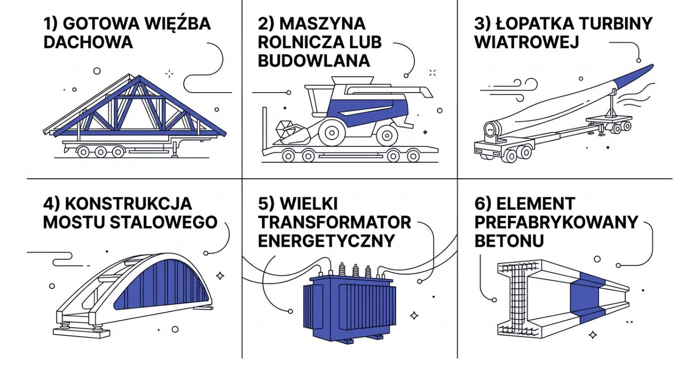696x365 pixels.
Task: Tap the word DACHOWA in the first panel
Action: point(88,42)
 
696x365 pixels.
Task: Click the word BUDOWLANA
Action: point(314,61)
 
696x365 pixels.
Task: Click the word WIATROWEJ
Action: point(526,42)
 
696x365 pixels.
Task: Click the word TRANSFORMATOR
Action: point(334,222)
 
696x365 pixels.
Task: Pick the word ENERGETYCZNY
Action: point(326,241)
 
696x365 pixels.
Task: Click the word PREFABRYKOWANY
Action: point(556,222)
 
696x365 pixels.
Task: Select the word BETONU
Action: point(509,241)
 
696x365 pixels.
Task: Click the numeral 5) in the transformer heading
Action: point(266,204)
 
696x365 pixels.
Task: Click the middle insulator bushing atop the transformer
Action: point(355,271)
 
